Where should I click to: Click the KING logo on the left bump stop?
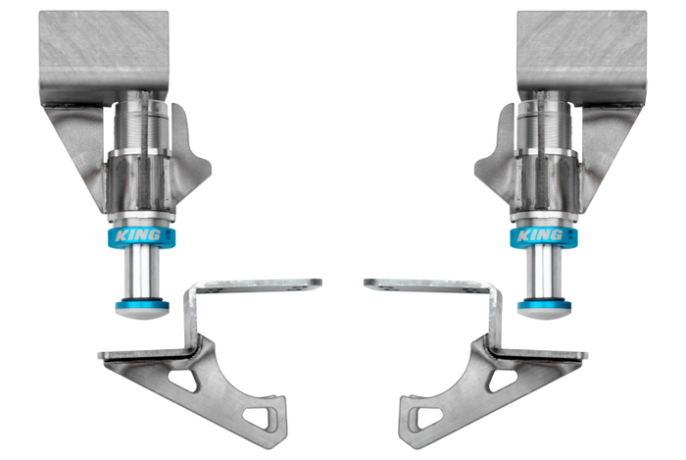point(138,235)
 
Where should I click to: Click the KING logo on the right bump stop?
point(540,235)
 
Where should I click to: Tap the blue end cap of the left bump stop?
point(142,305)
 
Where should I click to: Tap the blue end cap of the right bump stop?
point(544,305)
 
